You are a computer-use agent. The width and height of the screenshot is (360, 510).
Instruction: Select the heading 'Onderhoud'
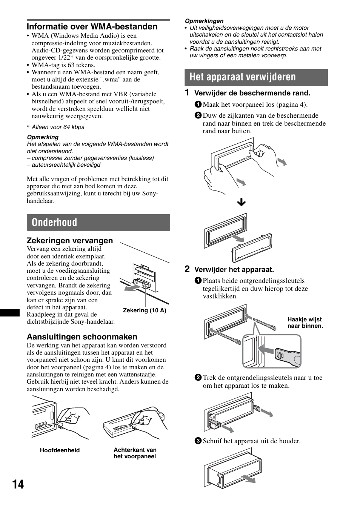pos(54,223)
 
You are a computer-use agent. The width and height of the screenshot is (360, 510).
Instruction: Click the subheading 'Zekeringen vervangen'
pos(69,241)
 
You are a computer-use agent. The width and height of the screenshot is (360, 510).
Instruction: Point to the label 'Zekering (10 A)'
pos(145,310)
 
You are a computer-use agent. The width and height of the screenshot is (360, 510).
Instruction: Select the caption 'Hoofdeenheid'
pos(60,450)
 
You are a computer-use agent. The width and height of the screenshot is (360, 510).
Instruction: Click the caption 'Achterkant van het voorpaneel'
pos(135,453)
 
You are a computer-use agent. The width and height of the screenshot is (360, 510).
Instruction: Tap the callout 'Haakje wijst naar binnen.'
pos(305,323)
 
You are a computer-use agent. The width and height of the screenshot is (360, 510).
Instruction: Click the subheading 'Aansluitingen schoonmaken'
pos(82,337)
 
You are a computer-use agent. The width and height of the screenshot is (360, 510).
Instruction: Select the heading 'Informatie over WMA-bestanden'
pos(92,27)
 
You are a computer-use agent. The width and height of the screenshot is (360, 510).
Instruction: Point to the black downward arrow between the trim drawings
pos(241,202)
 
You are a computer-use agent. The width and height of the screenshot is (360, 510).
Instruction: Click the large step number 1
pos(187,92)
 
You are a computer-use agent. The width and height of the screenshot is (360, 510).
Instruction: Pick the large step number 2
pos(187,269)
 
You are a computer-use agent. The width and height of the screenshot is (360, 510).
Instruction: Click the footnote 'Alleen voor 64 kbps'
pos(58,127)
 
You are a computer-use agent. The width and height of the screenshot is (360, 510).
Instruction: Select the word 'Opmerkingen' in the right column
pos(204,21)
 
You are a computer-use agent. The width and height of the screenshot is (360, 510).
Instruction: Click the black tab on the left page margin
pos(9,313)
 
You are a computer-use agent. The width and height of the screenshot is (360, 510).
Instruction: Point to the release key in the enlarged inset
pos(288,355)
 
